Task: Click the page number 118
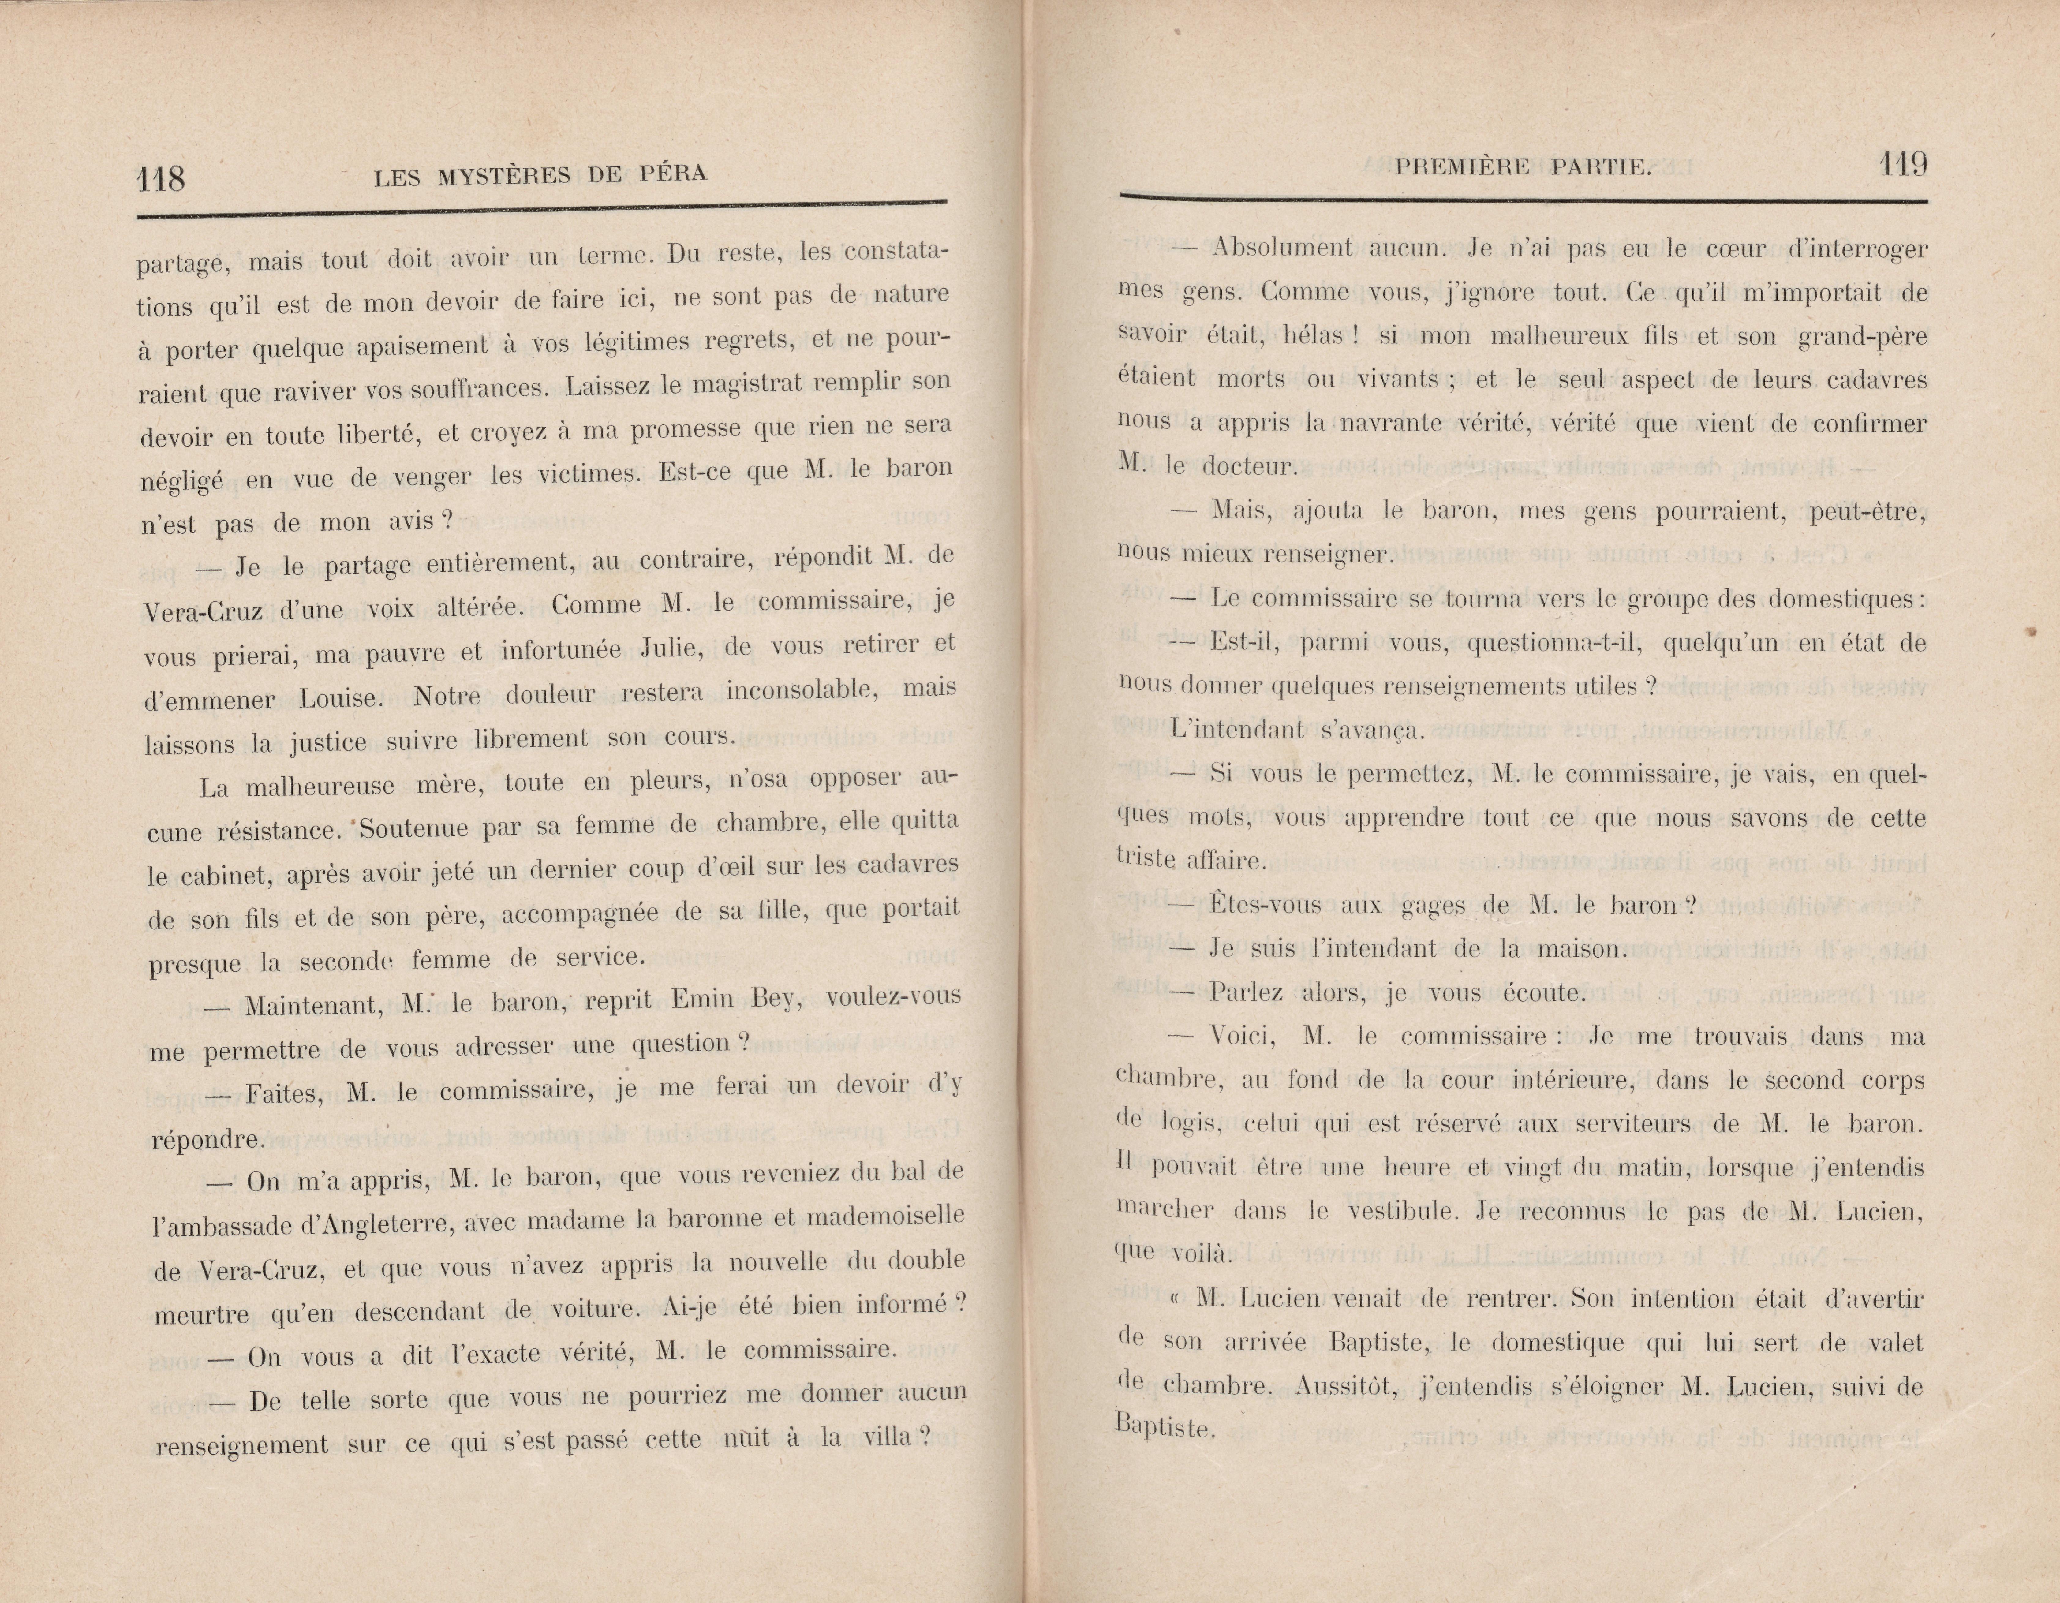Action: click(160, 177)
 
